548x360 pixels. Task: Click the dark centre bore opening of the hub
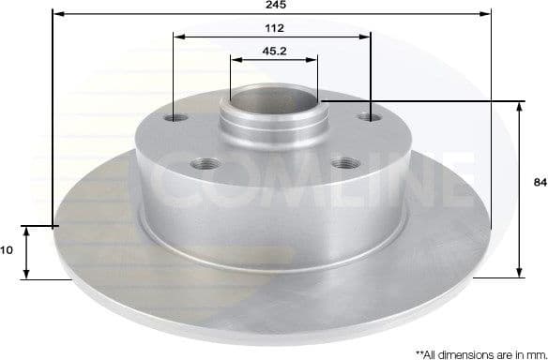pos(270,97)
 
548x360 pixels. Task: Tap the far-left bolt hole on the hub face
pos(176,119)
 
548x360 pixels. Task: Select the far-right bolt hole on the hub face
pos(372,119)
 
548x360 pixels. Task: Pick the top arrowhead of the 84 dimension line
pos(519,106)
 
